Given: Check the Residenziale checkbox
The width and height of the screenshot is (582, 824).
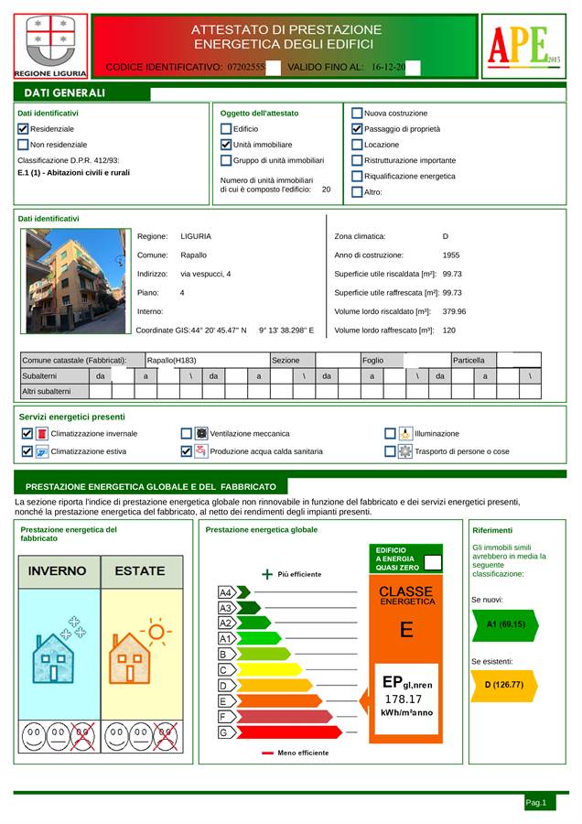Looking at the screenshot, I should (24, 129).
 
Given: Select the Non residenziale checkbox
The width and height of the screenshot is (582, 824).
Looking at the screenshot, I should (24, 145).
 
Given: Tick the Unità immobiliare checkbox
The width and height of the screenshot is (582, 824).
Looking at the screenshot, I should (226, 145).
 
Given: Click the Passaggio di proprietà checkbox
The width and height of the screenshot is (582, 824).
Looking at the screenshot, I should (357, 129).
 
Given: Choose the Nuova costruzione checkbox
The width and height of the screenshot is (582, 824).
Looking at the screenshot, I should (357, 114).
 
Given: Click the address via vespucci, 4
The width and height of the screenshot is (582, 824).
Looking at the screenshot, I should (205, 274).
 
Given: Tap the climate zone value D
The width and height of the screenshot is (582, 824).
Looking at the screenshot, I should (445, 236).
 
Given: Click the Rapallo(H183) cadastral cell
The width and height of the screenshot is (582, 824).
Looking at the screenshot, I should (171, 361).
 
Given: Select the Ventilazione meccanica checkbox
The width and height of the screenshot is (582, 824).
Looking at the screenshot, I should (187, 434).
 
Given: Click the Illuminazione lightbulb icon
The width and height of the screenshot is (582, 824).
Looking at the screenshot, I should (404, 434).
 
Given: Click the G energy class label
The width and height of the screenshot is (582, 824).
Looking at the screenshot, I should (223, 733).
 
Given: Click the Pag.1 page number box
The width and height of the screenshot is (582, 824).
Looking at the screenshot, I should (536, 802).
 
